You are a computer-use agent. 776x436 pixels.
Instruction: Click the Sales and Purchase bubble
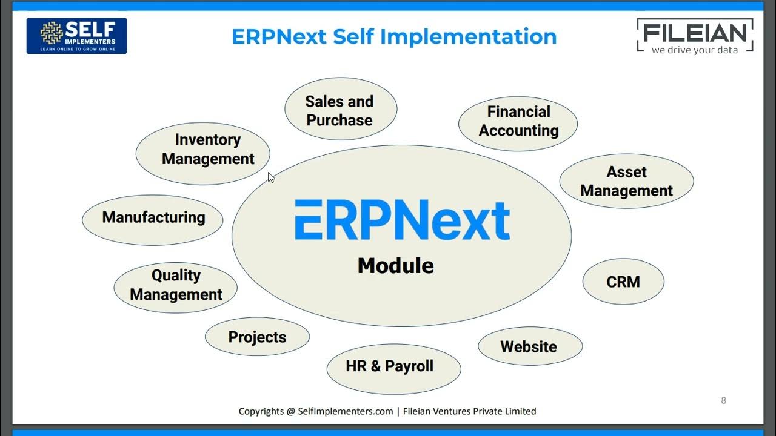(340, 110)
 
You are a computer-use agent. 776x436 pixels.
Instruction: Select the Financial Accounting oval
(518, 121)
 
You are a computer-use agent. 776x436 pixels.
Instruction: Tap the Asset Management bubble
(626, 181)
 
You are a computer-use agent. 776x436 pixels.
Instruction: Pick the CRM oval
(623, 282)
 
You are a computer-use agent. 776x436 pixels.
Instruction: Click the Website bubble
(529, 346)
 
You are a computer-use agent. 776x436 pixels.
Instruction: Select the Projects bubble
(257, 337)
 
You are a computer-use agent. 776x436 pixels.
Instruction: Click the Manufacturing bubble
(153, 218)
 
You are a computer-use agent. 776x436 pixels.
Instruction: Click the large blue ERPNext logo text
(402, 220)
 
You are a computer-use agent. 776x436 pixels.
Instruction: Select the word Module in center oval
(395, 266)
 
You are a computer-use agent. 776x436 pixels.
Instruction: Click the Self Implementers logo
(76, 36)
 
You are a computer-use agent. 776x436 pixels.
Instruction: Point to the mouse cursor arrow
(270, 177)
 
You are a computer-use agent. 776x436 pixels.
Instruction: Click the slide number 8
(723, 400)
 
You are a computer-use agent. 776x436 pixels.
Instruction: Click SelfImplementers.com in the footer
(346, 411)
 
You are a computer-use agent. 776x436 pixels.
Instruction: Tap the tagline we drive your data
(695, 50)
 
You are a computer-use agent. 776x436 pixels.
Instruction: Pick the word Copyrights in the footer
(261, 411)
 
